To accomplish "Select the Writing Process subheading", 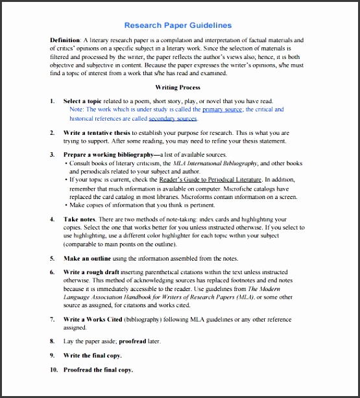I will (x=177, y=87).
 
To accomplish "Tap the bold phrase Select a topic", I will (x=83, y=101).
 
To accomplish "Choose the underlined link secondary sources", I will (x=173, y=119).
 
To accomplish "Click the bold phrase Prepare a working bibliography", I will (x=106, y=155).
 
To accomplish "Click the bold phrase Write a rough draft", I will (x=91, y=272).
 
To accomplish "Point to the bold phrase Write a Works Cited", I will (x=92, y=320).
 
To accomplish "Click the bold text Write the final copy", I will (x=92, y=355).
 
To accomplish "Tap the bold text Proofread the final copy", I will (x=97, y=369).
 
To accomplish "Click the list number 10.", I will (x=53, y=369).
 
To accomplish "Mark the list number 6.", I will (x=52, y=272).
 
